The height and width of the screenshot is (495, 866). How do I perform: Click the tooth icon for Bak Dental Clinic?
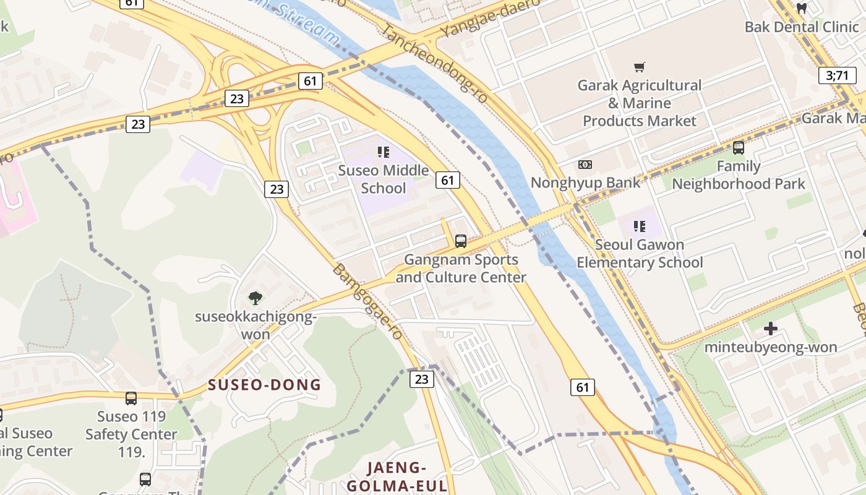pos(802,9)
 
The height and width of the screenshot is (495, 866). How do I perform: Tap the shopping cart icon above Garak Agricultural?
pos(640,67)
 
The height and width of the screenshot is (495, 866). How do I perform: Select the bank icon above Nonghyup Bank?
pos(585,165)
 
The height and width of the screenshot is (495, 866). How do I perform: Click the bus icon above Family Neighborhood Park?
pos(738,148)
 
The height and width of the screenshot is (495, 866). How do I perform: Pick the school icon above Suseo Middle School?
pos(384,152)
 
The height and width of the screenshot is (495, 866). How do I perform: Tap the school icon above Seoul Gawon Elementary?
pos(640,226)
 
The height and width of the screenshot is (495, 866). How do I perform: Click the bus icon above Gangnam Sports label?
pos(460,241)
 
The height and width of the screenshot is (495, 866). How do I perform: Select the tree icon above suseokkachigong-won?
pos(255,299)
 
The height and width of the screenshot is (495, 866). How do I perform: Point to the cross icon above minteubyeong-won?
pos(771,329)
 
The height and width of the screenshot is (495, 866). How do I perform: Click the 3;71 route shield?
pos(837,75)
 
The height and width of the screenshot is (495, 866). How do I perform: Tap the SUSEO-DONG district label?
pos(265,385)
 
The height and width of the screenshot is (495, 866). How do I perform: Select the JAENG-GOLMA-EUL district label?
pos(397,476)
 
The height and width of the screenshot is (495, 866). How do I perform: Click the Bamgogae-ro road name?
pos(367,302)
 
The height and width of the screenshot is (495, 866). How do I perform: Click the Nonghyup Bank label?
pos(586,183)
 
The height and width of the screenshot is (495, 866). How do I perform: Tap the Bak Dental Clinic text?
pos(802,27)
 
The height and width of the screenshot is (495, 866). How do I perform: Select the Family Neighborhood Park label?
pos(739,175)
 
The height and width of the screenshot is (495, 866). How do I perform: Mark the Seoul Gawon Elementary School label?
pos(640,254)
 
